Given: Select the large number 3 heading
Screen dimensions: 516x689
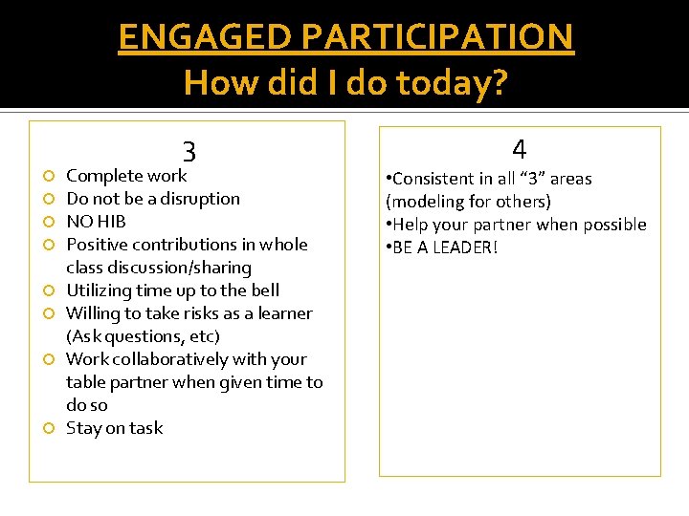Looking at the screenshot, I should pos(189,151).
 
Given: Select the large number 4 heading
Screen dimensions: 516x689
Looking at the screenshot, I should pos(519,149).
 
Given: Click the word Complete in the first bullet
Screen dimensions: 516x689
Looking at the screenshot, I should pos(101,176).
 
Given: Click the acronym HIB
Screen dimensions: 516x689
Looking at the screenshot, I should pos(111,222).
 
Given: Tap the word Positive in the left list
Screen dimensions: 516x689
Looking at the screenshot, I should pos(96,245).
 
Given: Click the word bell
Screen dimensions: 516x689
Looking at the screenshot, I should pos(264,290).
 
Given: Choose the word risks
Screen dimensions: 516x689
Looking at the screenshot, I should pos(192,313).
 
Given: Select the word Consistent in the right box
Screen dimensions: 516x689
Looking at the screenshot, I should pos(433,179).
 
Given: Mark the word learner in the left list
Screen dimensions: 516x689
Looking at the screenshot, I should pos(285,313).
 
